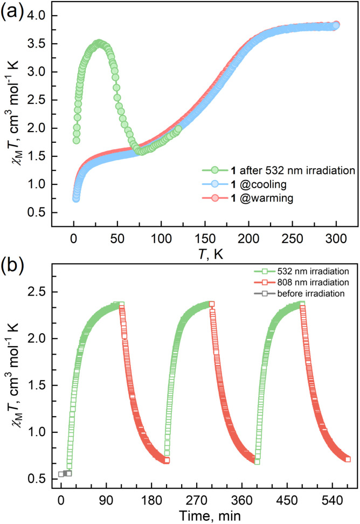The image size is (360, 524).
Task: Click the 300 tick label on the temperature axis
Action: click(x=336, y=236)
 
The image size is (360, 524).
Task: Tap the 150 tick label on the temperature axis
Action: click(x=205, y=236)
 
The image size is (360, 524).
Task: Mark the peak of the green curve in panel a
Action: click(x=98, y=44)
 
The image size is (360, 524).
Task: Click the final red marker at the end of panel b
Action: click(x=348, y=459)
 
